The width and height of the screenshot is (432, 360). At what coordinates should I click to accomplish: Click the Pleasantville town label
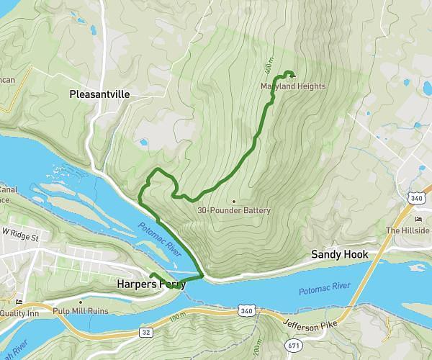(99, 94)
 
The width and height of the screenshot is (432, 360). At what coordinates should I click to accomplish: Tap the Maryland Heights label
(293, 86)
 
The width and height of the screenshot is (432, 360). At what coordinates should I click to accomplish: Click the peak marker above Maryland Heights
(292, 74)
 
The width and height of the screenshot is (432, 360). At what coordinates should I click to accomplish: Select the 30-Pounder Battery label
(234, 210)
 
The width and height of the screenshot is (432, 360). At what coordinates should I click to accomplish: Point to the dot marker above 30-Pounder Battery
(234, 201)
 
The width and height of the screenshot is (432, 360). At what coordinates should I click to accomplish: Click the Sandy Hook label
(339, 254)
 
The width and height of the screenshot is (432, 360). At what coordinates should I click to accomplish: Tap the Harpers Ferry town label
(150, 284)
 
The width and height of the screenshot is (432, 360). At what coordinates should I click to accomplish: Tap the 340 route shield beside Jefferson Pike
(246, 311)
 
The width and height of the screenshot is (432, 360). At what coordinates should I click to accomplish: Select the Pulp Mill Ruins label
(80, 312)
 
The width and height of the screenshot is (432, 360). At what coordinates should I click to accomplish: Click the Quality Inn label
(22, 312)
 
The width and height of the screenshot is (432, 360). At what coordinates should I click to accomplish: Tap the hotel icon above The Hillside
(418, 219)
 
